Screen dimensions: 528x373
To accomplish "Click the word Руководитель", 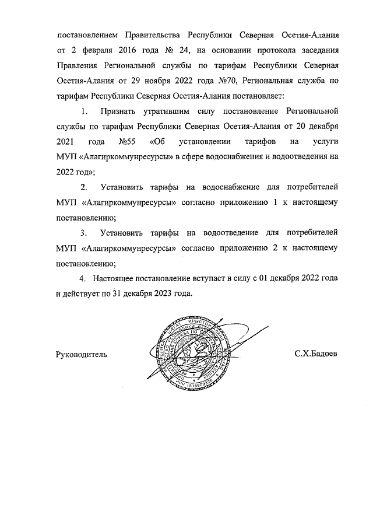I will tap(81, 354).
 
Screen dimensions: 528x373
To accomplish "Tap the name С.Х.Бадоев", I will tap(316, 354).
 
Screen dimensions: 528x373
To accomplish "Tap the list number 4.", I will tap(83, 279).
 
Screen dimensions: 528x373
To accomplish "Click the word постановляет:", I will tap(258, 95).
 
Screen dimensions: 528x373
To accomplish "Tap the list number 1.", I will tap(84, 110).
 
